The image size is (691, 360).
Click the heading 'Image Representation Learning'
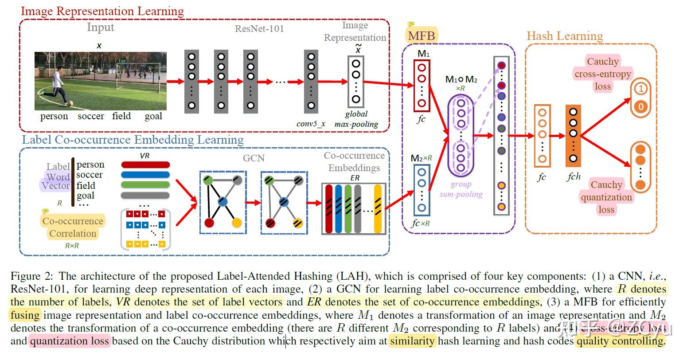[102, 11]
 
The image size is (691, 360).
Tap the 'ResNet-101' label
[259, 29]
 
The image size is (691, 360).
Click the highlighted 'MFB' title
[421, 35]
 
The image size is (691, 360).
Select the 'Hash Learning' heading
[565, 36]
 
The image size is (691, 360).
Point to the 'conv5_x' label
[311, 124]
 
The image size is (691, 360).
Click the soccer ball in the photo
[70, 104]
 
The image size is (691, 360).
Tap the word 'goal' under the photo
[153, 117]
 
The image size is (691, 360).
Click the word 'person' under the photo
[54, 117]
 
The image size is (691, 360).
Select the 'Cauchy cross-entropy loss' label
[602, 74]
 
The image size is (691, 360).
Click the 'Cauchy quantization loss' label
[606, 197]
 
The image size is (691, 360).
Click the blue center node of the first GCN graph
[223, 202]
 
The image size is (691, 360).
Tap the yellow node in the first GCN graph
[236, 223]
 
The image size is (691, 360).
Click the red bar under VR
[145, 164]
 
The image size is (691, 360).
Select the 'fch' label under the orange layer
[574, 177]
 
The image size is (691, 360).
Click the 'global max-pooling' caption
[356, 119]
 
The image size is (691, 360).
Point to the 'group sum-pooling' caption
[461, 189]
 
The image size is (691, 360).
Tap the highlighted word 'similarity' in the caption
[412, 341]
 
